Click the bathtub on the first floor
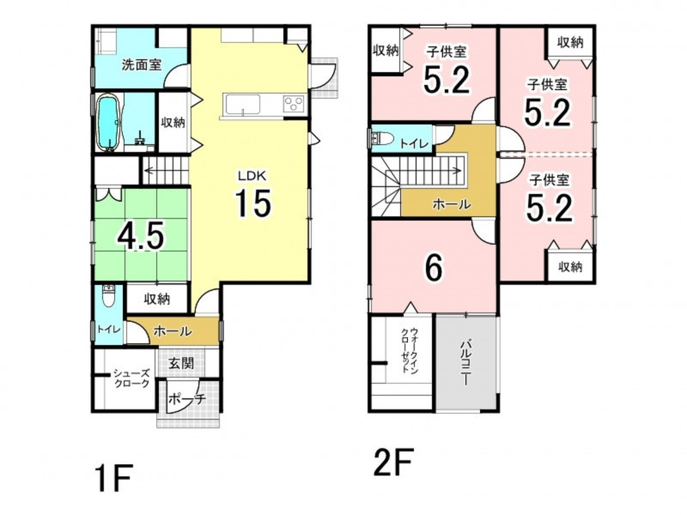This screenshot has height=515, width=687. [107, 123]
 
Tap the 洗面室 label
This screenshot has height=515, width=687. [141, 65]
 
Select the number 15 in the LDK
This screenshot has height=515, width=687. [253, 203]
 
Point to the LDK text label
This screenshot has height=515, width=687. [252, 176]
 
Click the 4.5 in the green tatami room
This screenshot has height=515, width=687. [140, 235]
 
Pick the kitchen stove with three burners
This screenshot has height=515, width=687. [294, 104]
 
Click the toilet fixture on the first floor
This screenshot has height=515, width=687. [108, 297]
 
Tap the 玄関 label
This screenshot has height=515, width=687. [181, 363]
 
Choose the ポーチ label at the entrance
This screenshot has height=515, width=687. [187, 399]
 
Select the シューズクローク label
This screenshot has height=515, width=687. [131, 379]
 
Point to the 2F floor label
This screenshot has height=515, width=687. [393, 463]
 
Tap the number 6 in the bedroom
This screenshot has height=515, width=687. [434, 268]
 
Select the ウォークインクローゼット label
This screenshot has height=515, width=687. [410, 350]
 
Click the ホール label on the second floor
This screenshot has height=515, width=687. [452, 204]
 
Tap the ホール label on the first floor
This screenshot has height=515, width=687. [173, 331]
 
